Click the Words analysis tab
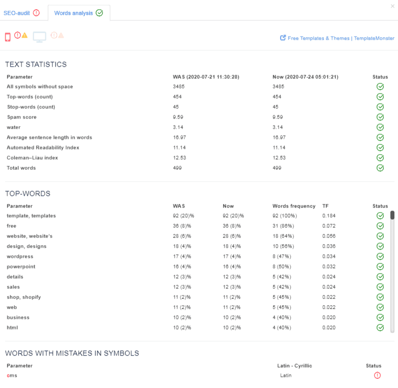(78, 13)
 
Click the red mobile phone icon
(8, 37)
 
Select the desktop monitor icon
(40, 37)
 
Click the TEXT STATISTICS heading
(36, 65)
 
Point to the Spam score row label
(21, 117)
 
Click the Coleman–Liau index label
(32, 158)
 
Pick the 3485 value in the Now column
(278, 86)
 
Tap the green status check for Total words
(380, 168)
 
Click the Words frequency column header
(294, 206)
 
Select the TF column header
(325, 206)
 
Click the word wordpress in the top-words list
(20, 256)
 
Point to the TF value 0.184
(329, 216)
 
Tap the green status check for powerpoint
(380, 266)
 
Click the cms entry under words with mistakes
(12, 375)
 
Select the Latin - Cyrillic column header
(295, 366)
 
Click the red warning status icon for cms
(377, 375)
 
